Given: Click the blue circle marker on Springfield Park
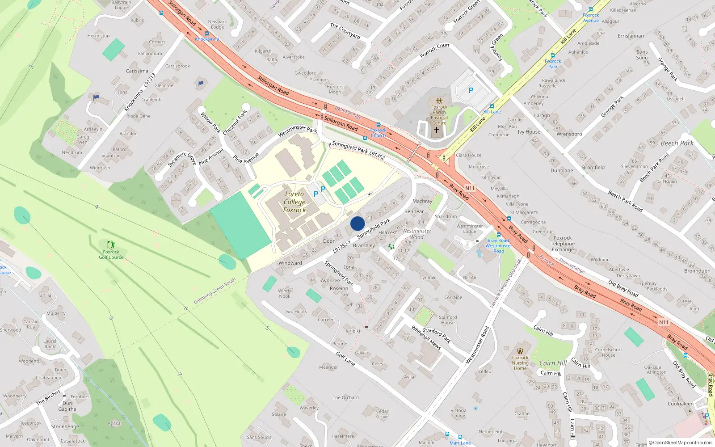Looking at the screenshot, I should (357, 223).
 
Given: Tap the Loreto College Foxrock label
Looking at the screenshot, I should (294, 202).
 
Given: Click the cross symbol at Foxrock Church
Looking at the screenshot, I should (437, 130).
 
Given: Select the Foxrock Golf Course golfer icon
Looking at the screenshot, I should (111, 245).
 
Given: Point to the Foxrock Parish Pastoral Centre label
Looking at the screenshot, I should (439, 115).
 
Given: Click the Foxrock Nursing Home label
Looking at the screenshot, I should (520, 363).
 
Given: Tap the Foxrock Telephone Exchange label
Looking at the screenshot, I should (563, 244).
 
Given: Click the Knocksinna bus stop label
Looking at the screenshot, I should (207, 39).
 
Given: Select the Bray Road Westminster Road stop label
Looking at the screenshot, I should (499, 246).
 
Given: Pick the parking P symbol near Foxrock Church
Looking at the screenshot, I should (471, 90).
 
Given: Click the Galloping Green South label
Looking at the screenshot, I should (214, 291).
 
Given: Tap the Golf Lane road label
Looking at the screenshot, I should (345, 359).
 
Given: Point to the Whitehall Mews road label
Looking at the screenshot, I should (426, 337).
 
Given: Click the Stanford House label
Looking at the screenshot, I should (448, 320).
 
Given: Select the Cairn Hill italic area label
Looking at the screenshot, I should (553, 363).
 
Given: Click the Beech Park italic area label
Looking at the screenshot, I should (677, 143).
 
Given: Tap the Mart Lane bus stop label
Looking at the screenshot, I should (460, 443).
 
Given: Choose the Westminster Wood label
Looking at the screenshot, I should (416, 234).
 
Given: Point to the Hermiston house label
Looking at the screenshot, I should (98, 36).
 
